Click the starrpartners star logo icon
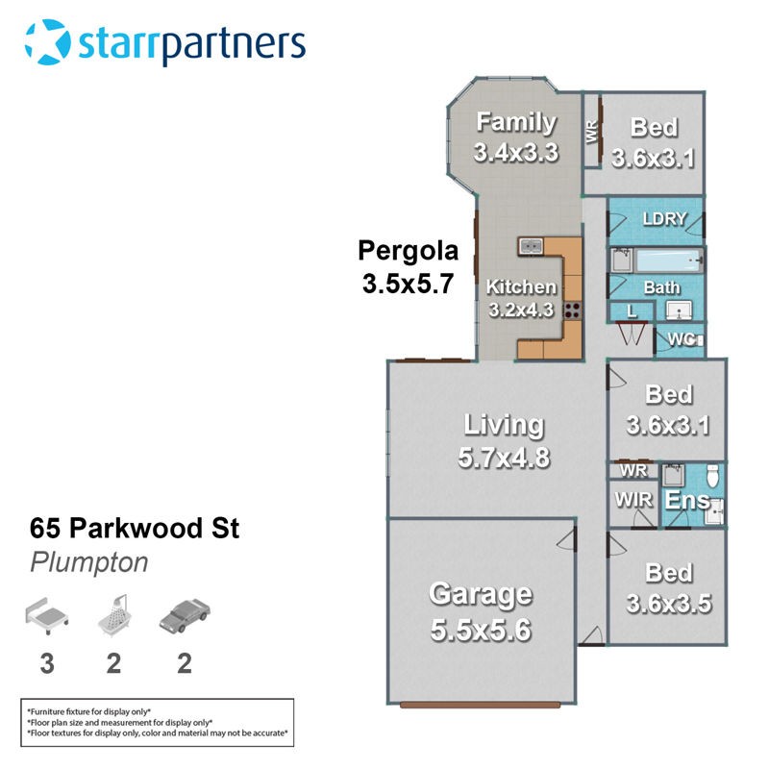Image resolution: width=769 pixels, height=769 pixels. [x=47, y=41]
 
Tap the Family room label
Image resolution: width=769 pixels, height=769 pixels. [x=516, y=122]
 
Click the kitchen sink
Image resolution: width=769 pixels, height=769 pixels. [x=531, y=246]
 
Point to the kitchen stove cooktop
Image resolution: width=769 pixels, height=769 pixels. [x=572, y=310]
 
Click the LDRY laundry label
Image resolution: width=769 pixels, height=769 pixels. [x=664, y=219]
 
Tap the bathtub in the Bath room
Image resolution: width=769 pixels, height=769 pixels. [x=668, y=260]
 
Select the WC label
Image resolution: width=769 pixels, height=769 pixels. [x=682, y=339]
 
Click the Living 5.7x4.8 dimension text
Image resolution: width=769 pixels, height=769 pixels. [x=504, y=458]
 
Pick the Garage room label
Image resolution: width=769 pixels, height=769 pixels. [x=481, y=594]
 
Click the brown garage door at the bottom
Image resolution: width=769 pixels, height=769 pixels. [x=480, y=705]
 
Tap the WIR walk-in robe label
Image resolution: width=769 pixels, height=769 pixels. [x=633, y=500]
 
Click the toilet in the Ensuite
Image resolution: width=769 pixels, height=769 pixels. [x=712, y=475]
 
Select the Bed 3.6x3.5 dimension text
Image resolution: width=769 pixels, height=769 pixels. [x=669, y=604]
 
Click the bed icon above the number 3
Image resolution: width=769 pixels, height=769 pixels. [x=46, y=616]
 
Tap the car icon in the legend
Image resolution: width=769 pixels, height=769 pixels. [x=185, y=615]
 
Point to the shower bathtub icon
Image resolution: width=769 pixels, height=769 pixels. [x=114, y=616]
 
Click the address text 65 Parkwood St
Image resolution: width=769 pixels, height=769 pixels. [x=135, y=528]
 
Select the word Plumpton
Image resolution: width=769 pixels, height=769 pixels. [x=88, y=562]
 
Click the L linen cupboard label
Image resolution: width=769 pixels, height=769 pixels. [x=632, y=310]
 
